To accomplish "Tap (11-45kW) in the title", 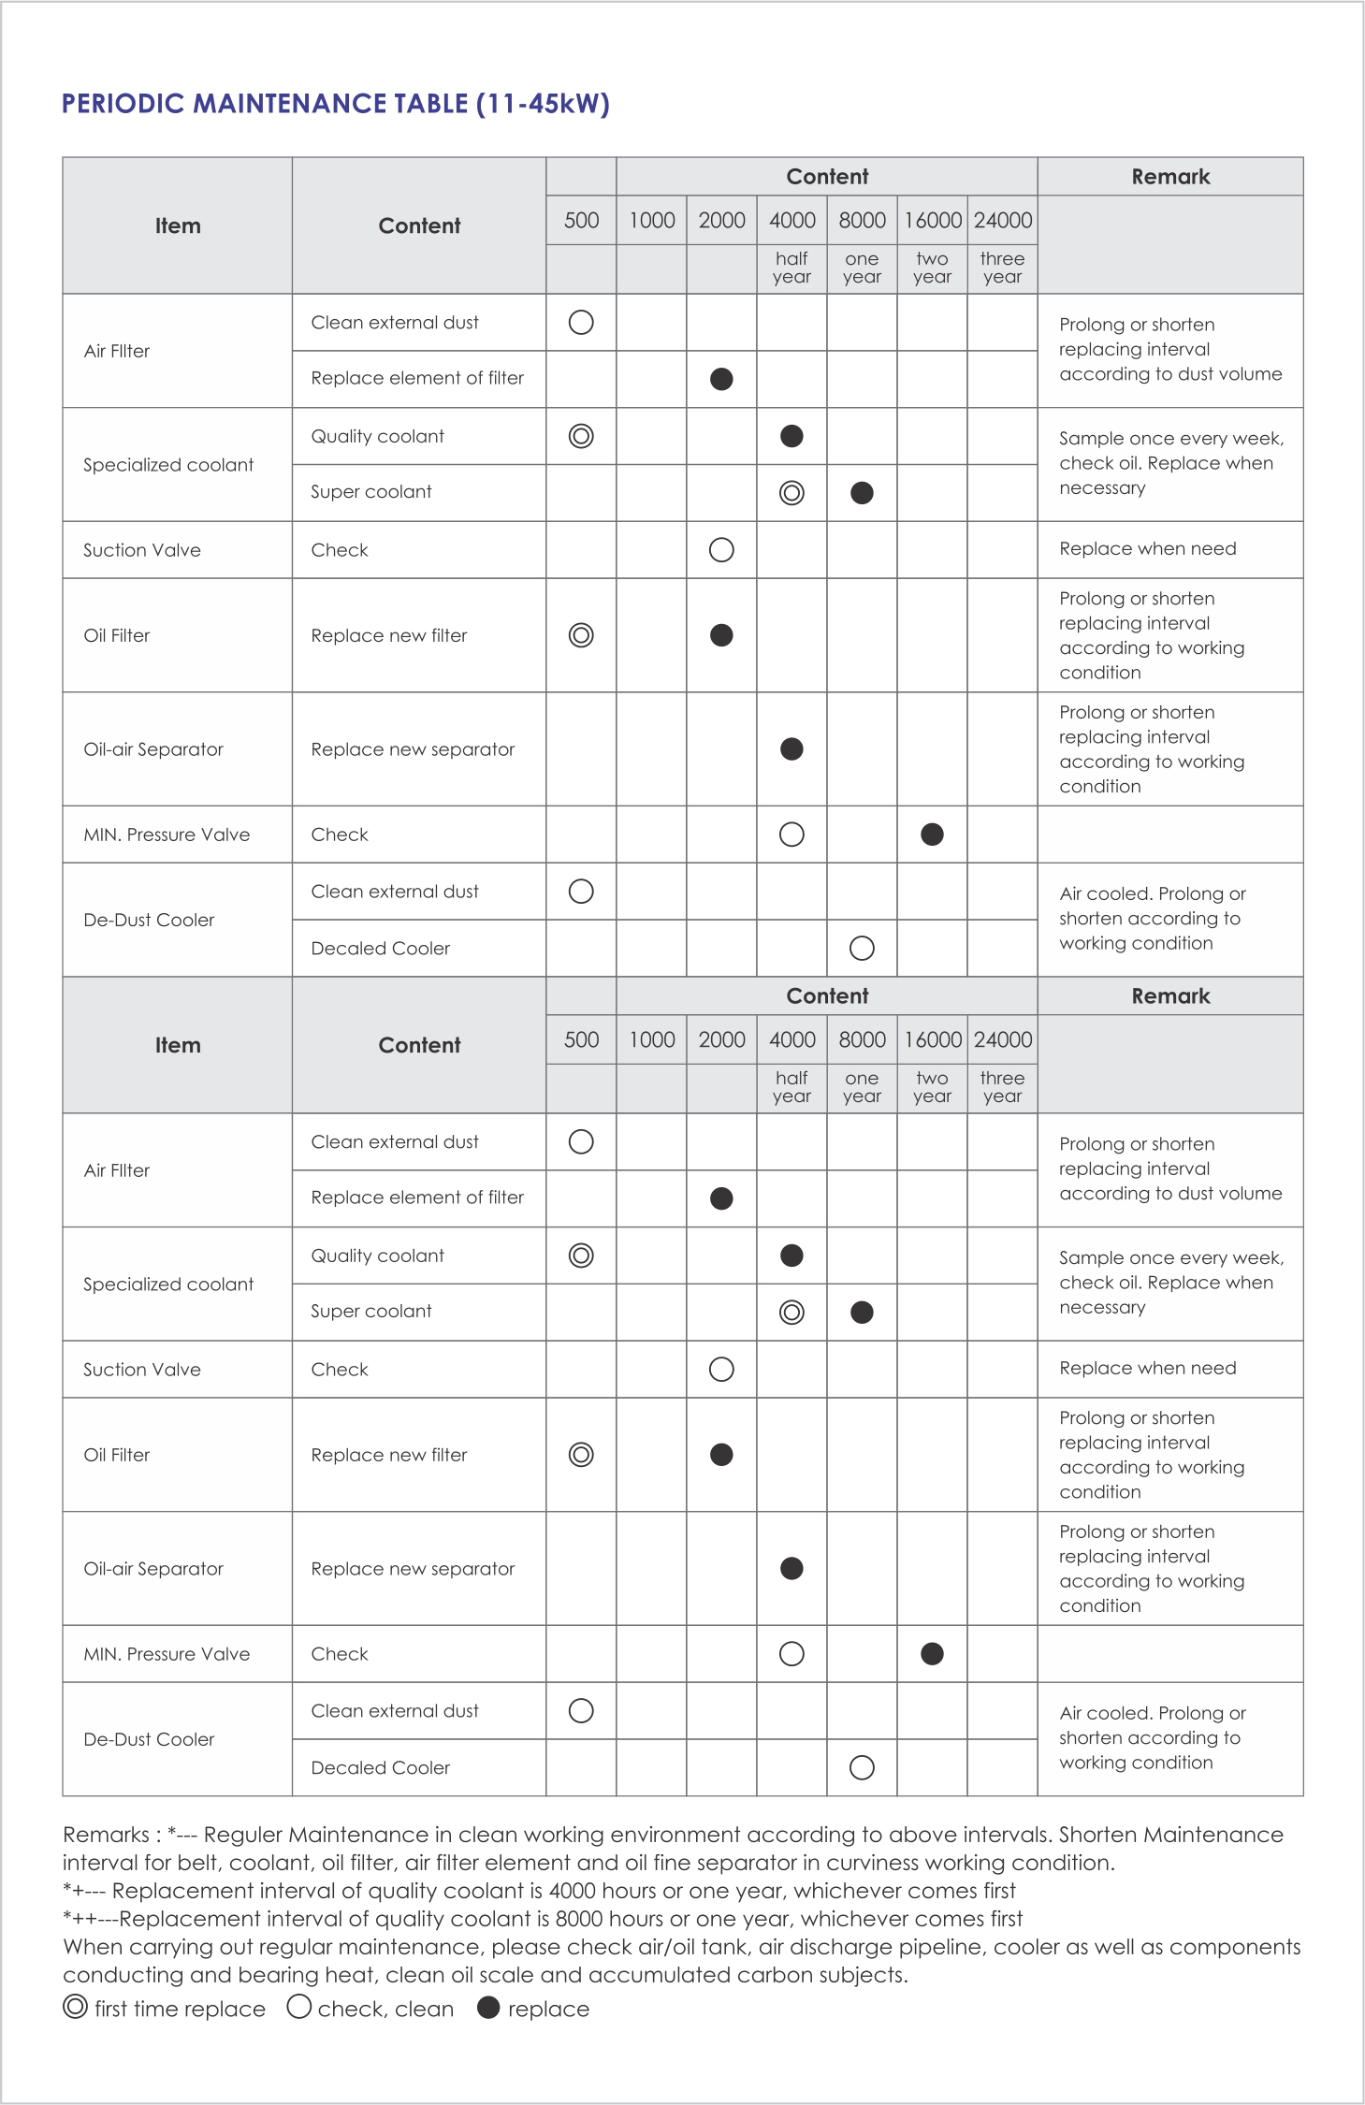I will tap(543, 104).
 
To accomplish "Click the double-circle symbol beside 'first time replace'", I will tap(76, 2007).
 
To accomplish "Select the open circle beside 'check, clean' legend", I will tap(299, 2007).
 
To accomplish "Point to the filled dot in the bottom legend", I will tap(488, 2007).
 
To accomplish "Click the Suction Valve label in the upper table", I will tap(142, 550).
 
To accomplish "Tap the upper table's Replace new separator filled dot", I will tap(791, 749).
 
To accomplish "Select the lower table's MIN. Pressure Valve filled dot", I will tap(932, 1654).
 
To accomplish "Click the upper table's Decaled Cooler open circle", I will tap(862, 949).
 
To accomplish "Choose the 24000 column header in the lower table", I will tap(1003, 1040).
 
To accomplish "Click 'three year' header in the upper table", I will tap(1003, 268).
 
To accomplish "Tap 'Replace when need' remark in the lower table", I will tap(1148, 1369).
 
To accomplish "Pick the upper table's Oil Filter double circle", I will tap(581, 635).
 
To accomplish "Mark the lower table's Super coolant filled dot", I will tap(862, 1313).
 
